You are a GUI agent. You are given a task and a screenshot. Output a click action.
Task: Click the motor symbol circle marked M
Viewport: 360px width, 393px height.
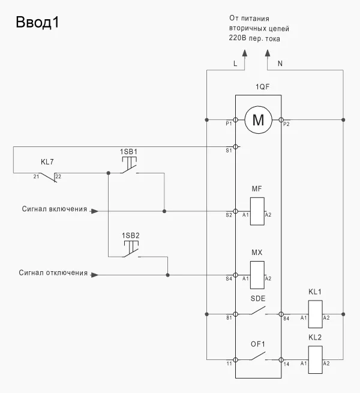pyautogui.click(x=258, y=120)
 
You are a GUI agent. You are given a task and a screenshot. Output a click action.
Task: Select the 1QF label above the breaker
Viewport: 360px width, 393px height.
pyautogui.click(x=258, y=88)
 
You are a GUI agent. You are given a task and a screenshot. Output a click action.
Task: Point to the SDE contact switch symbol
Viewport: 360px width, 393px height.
pyautogui.click(x=258, y=311)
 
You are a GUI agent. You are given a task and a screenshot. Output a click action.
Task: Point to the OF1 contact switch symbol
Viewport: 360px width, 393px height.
pyautogui.click(x=258, y=358)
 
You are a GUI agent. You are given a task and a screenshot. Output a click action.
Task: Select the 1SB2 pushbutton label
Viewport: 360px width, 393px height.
pyautogui.click(x=130, y=235)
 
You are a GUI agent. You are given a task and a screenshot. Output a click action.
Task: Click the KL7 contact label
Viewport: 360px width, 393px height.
pyautogui.click(x=48, y=163)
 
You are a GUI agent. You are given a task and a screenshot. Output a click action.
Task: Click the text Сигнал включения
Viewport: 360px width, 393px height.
pyautogui.click(x=55, y=210)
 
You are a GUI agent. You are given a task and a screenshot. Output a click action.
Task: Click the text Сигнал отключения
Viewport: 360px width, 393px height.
pyautogui.click(x=53, y=274)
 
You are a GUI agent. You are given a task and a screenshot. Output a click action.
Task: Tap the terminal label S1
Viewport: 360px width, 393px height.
pyautogui.click(x=229, y=151)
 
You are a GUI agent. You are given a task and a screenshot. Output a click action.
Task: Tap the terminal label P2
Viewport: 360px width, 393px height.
pyautogui.click(x=286, y=124)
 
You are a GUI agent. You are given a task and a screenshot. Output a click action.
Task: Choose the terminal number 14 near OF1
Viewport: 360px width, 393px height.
pyautogui.click(x=287, y=364)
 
